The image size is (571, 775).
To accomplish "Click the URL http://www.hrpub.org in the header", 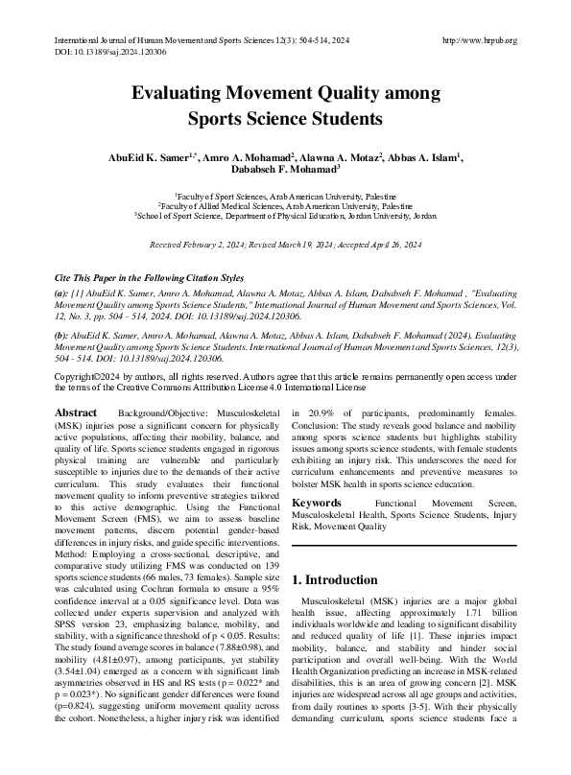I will click(x=480, y=40).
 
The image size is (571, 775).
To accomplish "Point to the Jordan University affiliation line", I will click(x=285, y=217).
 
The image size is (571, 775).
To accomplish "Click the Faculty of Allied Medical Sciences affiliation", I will click(x=285, y=206).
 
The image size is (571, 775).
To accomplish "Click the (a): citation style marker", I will click(x=61, y=290).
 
